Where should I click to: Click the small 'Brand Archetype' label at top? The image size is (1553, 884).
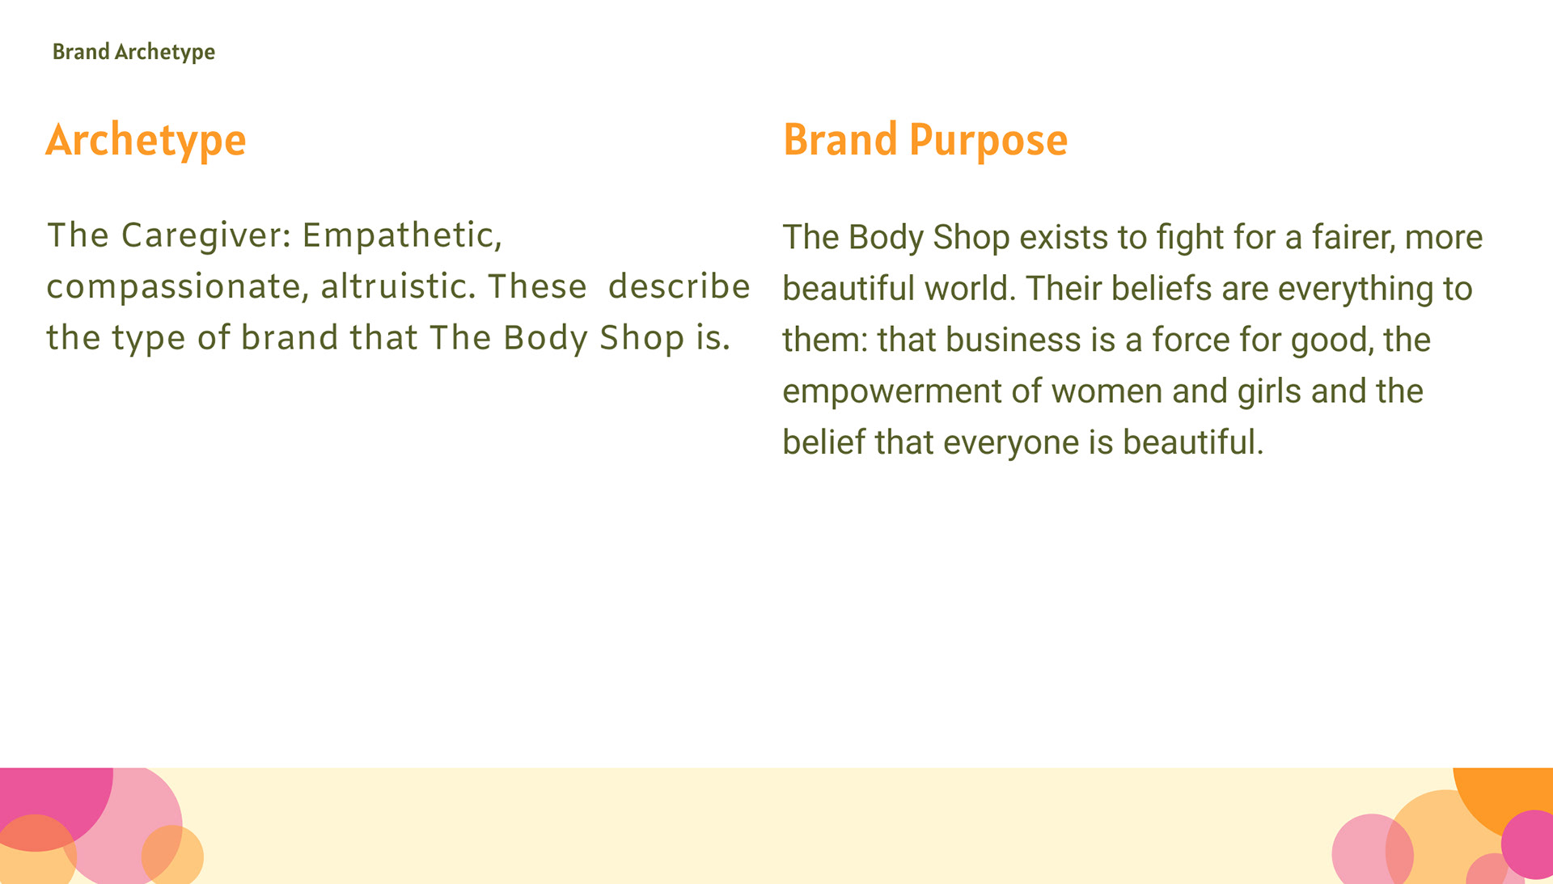point(133,53)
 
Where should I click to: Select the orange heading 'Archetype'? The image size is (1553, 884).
point(146,141)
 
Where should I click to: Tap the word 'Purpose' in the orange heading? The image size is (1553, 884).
point(988,141)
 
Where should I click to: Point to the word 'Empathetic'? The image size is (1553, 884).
point(402,236)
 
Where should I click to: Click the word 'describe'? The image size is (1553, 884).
point(679,286)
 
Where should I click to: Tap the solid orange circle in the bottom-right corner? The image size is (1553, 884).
point(1507,797)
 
